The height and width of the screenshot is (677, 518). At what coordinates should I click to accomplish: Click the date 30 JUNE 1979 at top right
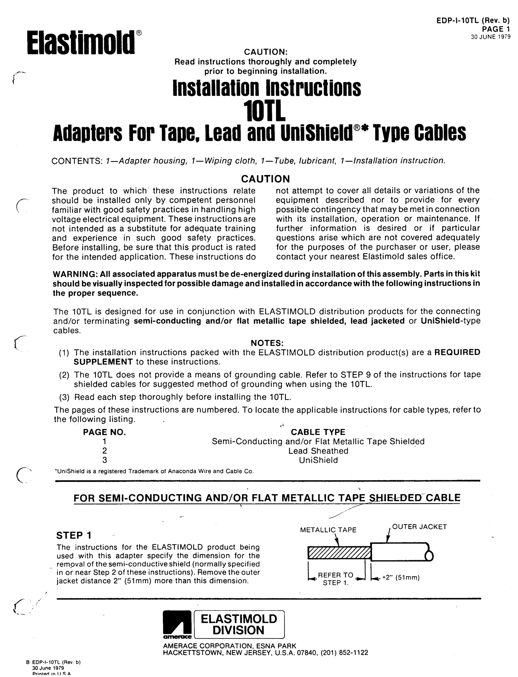tap(490, 37)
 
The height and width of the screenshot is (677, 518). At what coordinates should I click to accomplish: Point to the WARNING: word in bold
tap(73, 274)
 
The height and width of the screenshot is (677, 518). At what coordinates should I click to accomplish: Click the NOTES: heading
tap(267, 343)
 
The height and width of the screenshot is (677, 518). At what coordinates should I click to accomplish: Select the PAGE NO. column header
tap(104, 432)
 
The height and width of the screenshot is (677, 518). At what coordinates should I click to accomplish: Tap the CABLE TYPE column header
tap(318, 432)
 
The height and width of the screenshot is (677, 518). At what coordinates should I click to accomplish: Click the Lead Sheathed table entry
tap(318, 451)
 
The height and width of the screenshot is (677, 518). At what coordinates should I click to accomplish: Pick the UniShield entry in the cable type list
tap(318, 460)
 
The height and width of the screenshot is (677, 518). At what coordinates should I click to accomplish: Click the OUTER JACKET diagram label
tap(419, 527)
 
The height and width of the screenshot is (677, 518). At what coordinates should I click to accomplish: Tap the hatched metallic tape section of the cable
tap(339, 553)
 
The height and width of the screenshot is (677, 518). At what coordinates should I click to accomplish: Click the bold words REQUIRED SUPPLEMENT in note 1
tap(457, 352)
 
